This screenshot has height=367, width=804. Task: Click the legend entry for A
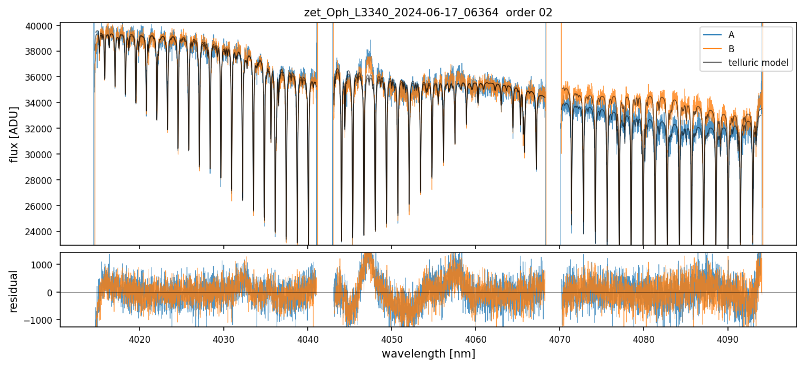click(731, 35)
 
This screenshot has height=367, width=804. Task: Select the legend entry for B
click(731, 49)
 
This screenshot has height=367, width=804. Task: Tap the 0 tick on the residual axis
click(50, 292)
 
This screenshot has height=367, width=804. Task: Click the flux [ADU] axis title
click(14, 134)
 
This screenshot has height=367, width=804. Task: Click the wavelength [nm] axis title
click(428, 353)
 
